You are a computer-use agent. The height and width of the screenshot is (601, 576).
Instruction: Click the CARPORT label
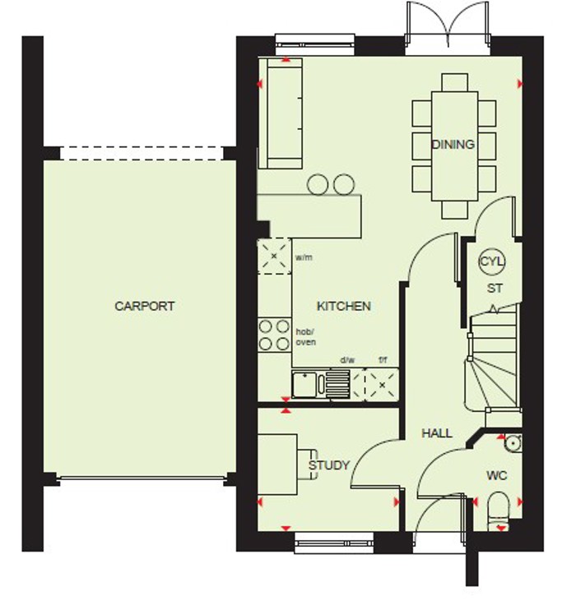pos(145,307)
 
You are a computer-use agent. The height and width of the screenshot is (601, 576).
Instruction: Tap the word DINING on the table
pos(453,145)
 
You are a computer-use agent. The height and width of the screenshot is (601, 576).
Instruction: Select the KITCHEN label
pos(344,306)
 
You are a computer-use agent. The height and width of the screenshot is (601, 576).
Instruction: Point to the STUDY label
pos(329,465)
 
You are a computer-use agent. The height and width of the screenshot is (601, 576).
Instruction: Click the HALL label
pos(437,432)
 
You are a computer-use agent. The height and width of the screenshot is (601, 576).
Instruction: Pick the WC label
pos(497,475)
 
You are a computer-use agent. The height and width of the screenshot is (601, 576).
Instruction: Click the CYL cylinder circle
pos(492,262)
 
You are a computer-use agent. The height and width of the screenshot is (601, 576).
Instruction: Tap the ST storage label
pos(495,289)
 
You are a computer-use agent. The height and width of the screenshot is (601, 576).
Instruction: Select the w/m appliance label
pos(304,258)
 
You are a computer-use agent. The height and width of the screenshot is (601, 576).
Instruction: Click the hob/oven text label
pos(305,336)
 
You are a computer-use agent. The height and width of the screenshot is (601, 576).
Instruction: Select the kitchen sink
pos(309,383)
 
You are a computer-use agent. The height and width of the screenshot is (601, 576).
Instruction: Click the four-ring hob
pos(274,335)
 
